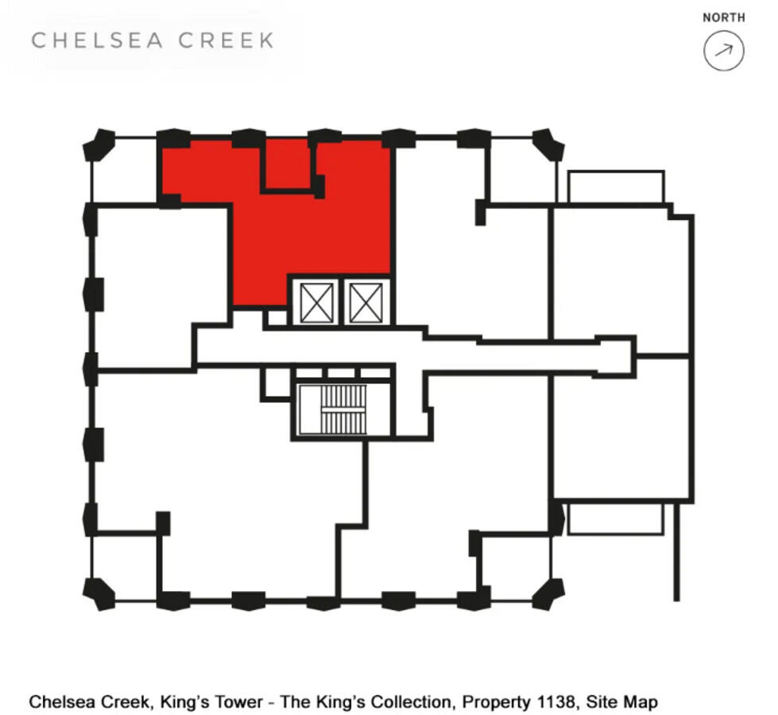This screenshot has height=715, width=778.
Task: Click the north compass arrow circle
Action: (x=723, y=51)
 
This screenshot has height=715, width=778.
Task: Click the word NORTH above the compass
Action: (x=723, y=17)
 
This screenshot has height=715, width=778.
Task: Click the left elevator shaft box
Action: (x=317, y=303)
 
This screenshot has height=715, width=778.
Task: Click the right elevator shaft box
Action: (x=366, y=303)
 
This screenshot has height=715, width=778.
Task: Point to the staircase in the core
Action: (x=343, y=409)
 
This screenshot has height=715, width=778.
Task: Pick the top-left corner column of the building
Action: (x=99, y=145)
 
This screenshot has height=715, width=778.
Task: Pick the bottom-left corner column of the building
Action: (x=99, y=593)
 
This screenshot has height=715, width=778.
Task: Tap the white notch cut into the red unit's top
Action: (x=286, y=164)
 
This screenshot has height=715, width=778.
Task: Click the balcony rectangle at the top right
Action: (x=616, y=187)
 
